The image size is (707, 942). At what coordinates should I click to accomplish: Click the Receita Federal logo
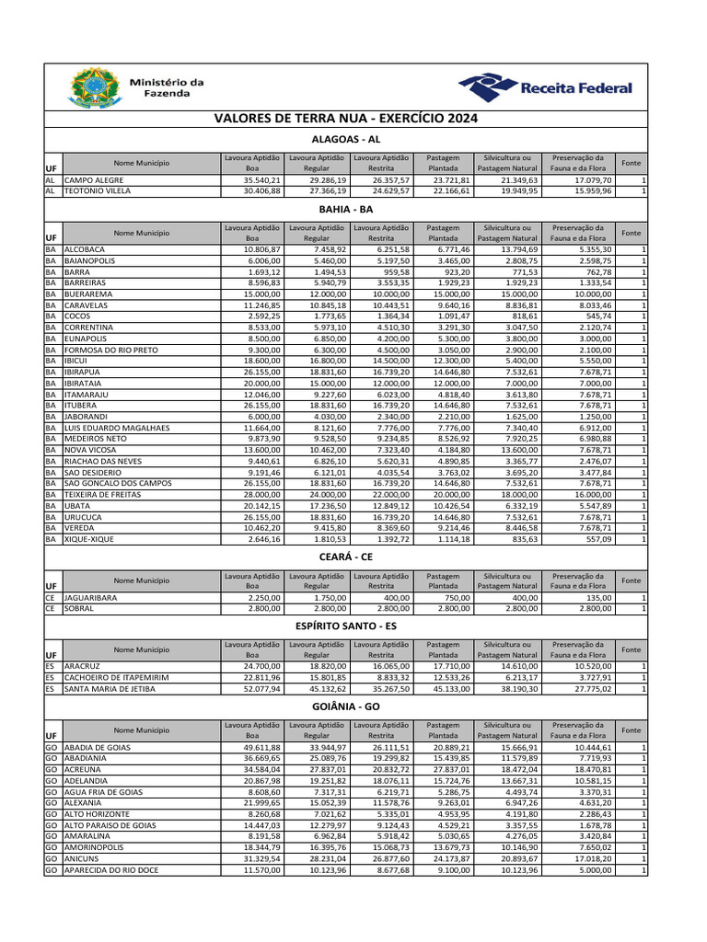[547, 88]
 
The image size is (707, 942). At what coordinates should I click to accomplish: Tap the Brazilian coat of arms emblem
[89, 89]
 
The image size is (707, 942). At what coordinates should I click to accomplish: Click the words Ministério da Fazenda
[167, 88]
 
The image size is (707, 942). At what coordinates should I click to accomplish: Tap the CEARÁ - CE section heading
[346, 557]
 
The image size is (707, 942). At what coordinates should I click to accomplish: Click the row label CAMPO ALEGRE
[94, 180]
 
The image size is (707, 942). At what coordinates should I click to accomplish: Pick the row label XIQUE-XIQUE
[89, 539]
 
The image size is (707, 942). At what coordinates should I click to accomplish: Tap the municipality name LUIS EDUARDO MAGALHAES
[117, 428]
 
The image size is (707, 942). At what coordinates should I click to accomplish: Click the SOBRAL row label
[80, 608]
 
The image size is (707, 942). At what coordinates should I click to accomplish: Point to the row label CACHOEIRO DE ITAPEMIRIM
[116, 676]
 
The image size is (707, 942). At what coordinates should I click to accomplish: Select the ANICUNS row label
[83, 858]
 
